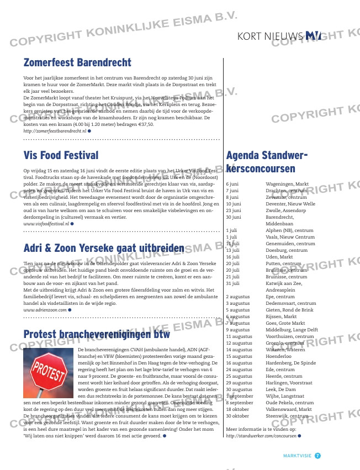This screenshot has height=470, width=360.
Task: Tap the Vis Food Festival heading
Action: coord(61,155)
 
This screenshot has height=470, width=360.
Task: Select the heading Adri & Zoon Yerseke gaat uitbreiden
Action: coord(104,248)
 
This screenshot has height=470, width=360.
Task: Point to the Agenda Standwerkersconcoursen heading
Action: coord(267,162)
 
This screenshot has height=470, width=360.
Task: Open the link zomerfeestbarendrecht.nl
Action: coord(55,131)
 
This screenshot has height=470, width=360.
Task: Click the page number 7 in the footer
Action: coord(318,456)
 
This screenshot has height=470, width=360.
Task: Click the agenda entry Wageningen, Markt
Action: coord(287,183)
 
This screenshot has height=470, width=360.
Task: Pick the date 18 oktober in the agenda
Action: coord(239,409)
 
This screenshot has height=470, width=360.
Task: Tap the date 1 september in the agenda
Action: coord(240,396)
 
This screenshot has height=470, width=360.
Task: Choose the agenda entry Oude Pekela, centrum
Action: coord(290,403)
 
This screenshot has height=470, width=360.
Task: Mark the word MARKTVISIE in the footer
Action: coord(297,456)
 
